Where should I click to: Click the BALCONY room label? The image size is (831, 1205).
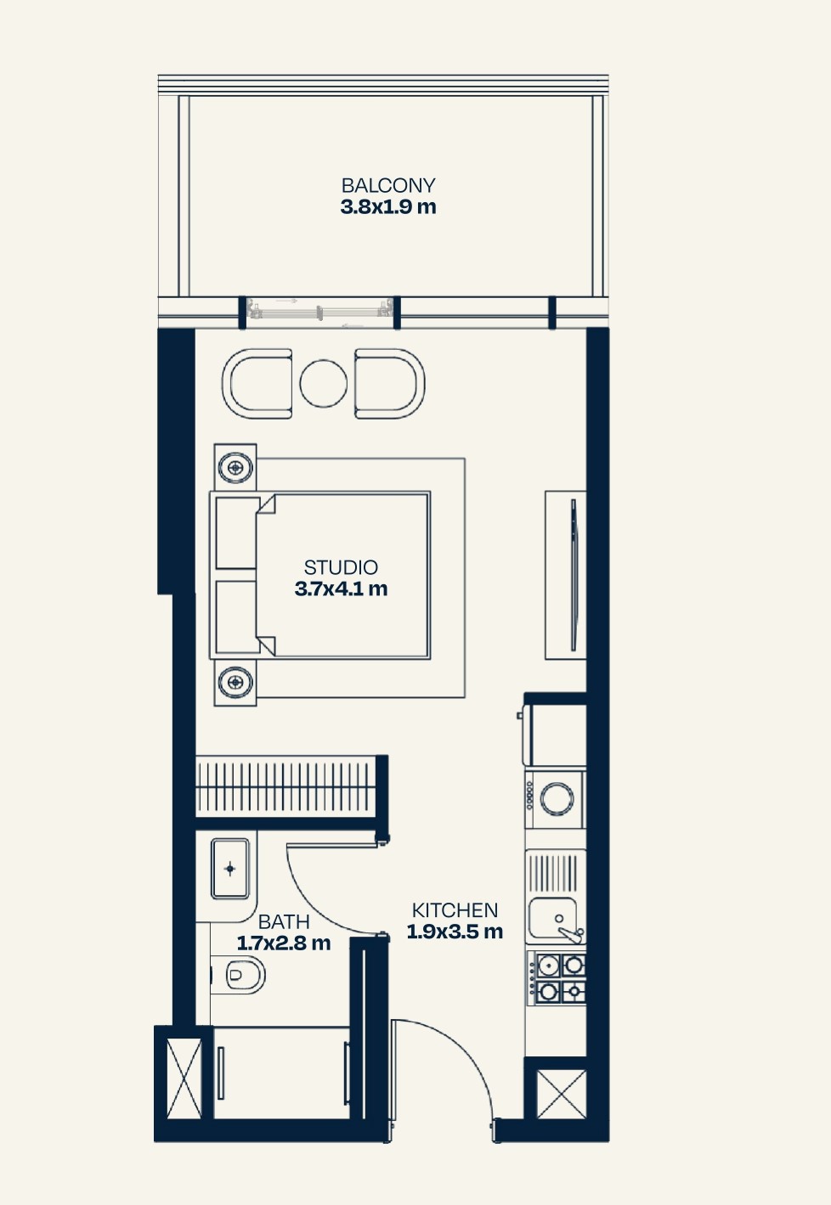pyautogui.click(x=388, y=185)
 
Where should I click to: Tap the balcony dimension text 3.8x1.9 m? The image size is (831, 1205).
pyautogui.click(x=388, y=207)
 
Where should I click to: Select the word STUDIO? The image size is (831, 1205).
pyautogui.click(x=341, y=567)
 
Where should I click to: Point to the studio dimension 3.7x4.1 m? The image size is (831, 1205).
pyautogui.click(x=341, y=589)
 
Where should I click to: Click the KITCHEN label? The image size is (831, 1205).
pyautogui.click(x=455, y=910)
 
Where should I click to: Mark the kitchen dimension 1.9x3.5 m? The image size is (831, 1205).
pyautogui.click(x=455, y=932)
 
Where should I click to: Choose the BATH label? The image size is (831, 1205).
pyautogui.click(x=284, y=921)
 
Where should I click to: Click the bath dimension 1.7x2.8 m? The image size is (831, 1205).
pyautogui.click(x=284, y=943)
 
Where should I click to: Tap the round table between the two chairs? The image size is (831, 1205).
pyautogui.click(x=323, y=383)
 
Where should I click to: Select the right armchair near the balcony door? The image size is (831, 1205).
pyautogui.click(x=389, y=383)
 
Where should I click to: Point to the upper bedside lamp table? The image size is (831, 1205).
pyautogui.click(x=235, y=465)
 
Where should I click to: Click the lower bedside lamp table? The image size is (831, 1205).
pyautogui.click(x=235, y=681)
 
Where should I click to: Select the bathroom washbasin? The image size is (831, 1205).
pyautogui.click(x=230, y=869)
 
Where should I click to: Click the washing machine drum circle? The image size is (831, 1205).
pyautogui.click(x=557, y=798)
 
